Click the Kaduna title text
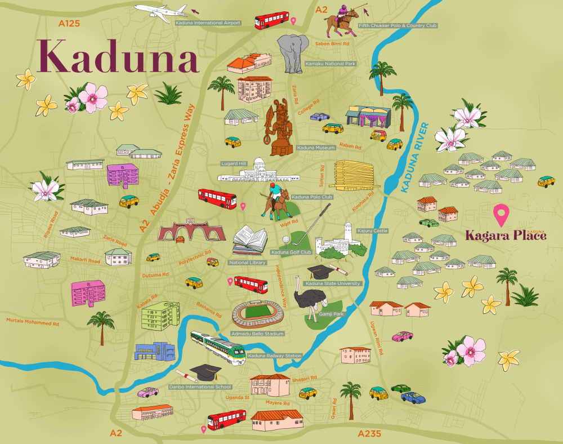click(x=118, y=56)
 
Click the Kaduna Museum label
click(x=316, y=148)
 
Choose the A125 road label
click(x=70, y=24)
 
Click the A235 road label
click(x=370, y=433)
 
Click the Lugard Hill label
click(x=234, y=163)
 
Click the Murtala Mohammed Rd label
click(x=33, y=323)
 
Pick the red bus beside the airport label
click(x=271, y=21)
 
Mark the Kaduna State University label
click(x=333, y=283)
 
